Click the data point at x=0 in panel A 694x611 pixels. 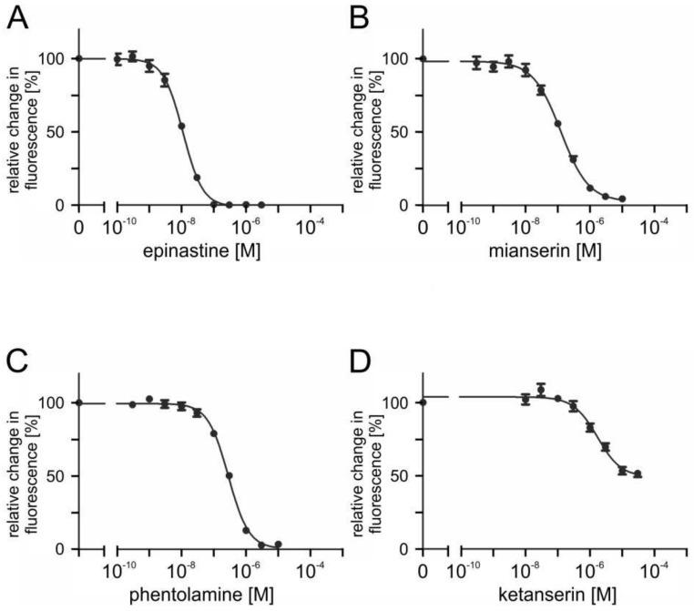[79, 58]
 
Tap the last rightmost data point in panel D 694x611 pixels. [638, 474]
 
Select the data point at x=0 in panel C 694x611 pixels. [79, 402]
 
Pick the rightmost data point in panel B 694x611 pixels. [622, 199]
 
